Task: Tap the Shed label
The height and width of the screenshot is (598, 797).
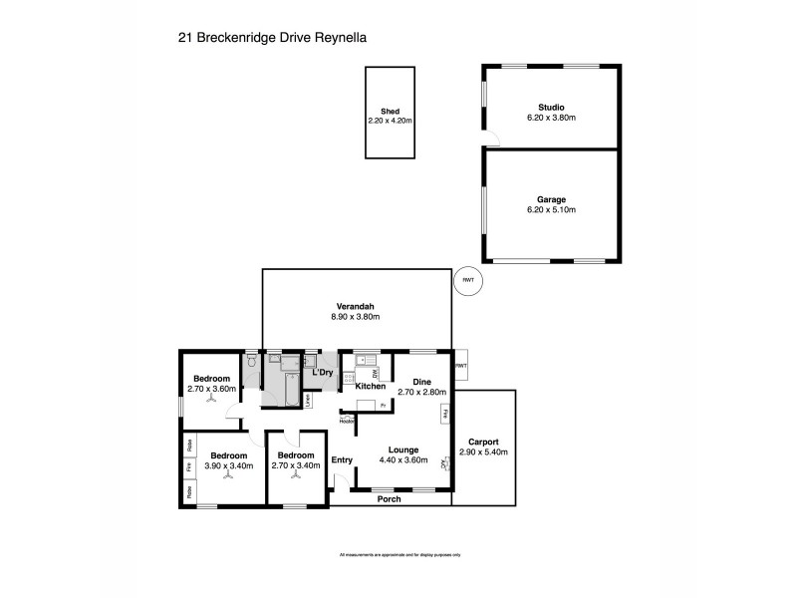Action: (390, 112)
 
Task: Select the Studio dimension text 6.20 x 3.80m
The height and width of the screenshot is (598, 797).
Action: (551, 118)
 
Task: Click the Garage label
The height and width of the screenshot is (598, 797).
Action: (551, 199)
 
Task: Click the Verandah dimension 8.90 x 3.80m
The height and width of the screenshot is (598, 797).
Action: (356, 316)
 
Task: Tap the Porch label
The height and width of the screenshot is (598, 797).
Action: (389, 498)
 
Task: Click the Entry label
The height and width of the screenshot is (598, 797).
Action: (342, 459)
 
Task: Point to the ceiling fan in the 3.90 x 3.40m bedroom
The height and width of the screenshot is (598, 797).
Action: (228, 476)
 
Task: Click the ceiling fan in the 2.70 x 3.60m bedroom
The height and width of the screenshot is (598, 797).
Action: (211, 401)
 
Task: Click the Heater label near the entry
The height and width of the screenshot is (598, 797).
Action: (348, 421)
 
